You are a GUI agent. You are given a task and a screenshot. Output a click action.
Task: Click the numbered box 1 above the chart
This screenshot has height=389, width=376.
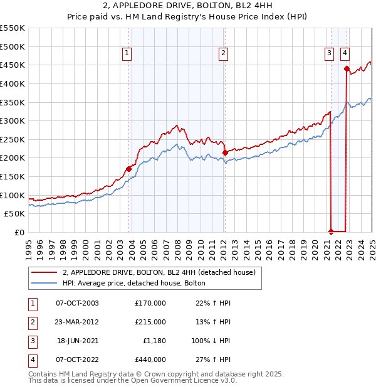pyautogui.click(x=127, y=54)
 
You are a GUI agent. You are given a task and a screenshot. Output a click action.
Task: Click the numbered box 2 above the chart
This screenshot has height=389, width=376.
pyautogui.click(x=223, y=54)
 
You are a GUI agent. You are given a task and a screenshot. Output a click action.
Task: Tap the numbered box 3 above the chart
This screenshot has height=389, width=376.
pyautogui.click(x=329, y=54)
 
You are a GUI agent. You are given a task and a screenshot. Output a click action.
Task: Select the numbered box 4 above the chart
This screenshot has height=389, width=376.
pyautogui.click(x=345, y=54)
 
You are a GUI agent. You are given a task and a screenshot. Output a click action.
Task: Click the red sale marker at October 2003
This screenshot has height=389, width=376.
pyautogui.click(x=128, y=168)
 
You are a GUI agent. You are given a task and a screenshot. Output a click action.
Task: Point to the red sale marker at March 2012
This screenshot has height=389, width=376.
pyautogui.click(x=225, y=152)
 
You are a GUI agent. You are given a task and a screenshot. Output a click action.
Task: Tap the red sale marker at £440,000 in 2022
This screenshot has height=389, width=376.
pyautogui.click(x=346, y=68)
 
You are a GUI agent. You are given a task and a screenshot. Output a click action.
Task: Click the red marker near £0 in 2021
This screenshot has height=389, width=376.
pyautogui.click(x=331, y=232)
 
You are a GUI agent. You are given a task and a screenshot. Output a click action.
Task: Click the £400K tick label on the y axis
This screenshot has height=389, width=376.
pyautogui.click(x=13, y=83)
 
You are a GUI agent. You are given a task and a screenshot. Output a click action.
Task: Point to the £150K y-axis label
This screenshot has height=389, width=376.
pyautogui.click(x=13, y=176)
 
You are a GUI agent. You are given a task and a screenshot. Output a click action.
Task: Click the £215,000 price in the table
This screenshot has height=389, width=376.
pyautogui.click(x=150, y=322)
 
